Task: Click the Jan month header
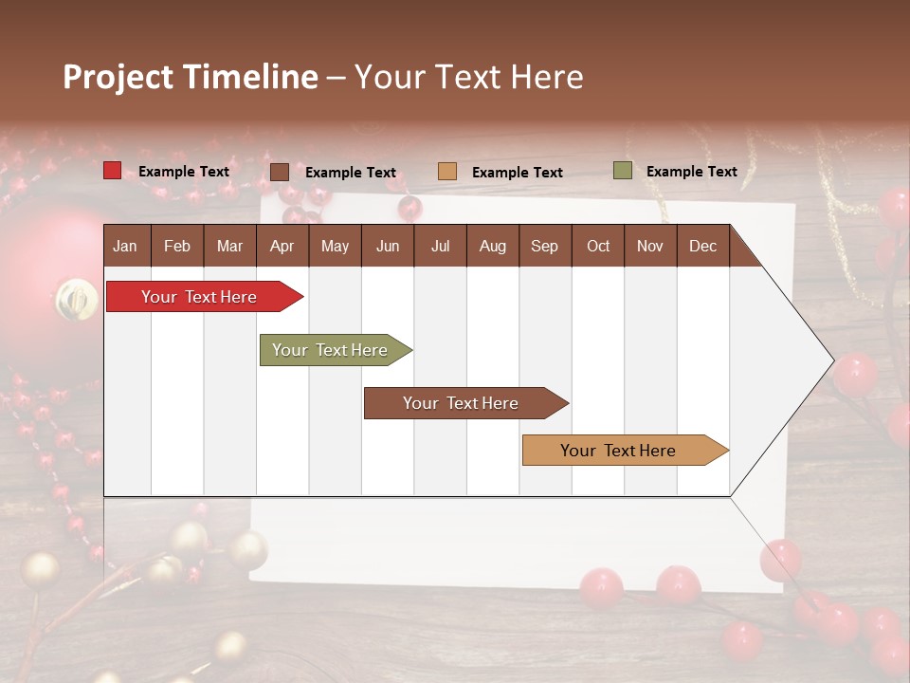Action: pos(125,247)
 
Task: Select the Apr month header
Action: pos(282,247)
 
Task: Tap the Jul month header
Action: pos(440,247)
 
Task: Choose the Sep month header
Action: pos(544,247)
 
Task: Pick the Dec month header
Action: pos(702,247)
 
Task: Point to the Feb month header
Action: pos(177,247)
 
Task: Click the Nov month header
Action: pos(650,247)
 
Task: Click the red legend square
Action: pos(112,171)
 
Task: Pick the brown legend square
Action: pos(280,172)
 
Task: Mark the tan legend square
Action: pos(447,172)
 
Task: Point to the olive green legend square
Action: pos(622,171)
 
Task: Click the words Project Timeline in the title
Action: pos(190,77)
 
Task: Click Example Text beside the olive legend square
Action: pos(691,172)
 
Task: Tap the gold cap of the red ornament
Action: pos(76,300)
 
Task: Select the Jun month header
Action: pos(388,247)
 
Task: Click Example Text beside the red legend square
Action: pos(184,172)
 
